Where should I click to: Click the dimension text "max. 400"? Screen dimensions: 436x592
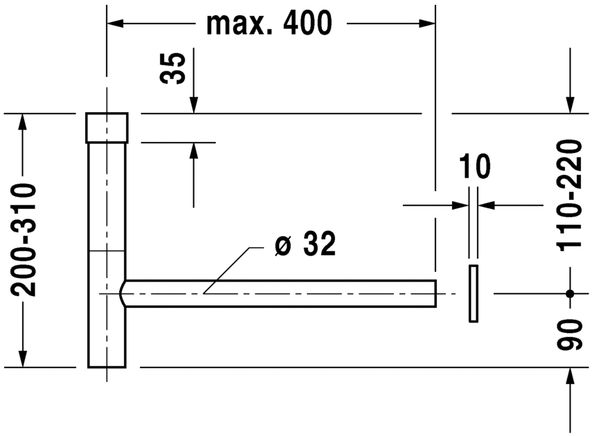point(269,24)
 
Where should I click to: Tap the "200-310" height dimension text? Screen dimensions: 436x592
point(24,239)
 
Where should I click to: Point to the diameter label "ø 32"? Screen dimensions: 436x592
point(305,244)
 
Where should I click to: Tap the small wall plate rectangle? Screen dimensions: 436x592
point(473,293)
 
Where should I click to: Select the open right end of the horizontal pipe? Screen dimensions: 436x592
point(434,293)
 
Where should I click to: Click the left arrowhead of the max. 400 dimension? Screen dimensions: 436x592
point(115,24)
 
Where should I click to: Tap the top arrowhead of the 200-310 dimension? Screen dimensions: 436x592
point(23,122)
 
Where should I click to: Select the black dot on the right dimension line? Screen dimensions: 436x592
point(570,293)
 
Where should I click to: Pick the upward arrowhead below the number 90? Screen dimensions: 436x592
point(570,376)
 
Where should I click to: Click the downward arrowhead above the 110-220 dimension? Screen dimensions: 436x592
point(570,105)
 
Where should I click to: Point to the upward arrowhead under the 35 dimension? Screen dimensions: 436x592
point(193,151)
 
